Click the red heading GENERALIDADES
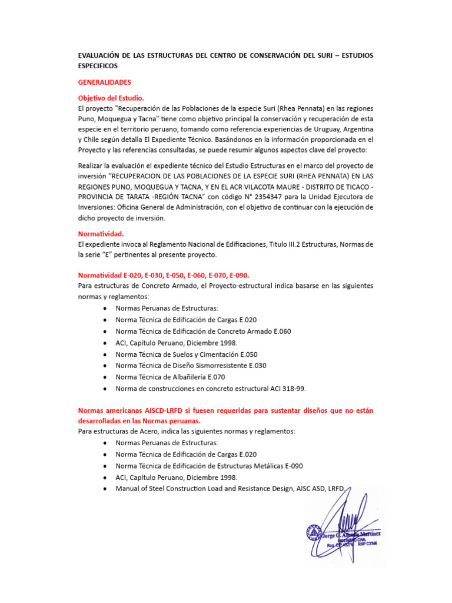tap(105, 82)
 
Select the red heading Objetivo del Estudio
tap(111, 98)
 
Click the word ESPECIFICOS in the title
tap(98, 66)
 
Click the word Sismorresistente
tap(221, 365)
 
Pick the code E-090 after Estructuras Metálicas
tap(290, 465)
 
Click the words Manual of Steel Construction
tap(158, 488)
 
